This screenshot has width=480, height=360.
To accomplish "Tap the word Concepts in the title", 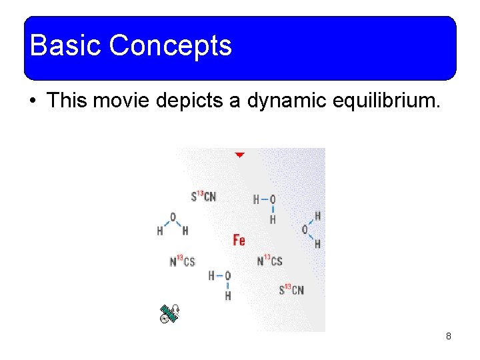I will pyautogui.click(x=170, y=46).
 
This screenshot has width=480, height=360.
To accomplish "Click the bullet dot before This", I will pyautogui.click(x=32, y=101).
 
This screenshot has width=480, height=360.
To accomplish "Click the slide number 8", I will pyautogui.click(x=449, y=336).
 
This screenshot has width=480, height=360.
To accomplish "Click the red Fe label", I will pyautogui.click(x=239, y=240).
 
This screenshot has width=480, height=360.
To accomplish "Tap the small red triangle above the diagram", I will pyautogui.click(x=239, y=155).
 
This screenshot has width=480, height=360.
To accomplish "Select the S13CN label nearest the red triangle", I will pyautogui.click(x=203, y=196).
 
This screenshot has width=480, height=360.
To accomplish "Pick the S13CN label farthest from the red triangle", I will pyautogui.click(x=291, y=289).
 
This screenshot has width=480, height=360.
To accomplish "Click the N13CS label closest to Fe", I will pyautogui.click(x=269, y=261).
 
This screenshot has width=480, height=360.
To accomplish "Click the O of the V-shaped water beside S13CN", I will pyautogui.click(x=173, y=217).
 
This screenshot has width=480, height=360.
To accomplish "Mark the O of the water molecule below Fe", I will pyautogui.click(x=227, y=275).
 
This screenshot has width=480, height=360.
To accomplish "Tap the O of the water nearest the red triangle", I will pyautogui.click(x=272, y=199).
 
